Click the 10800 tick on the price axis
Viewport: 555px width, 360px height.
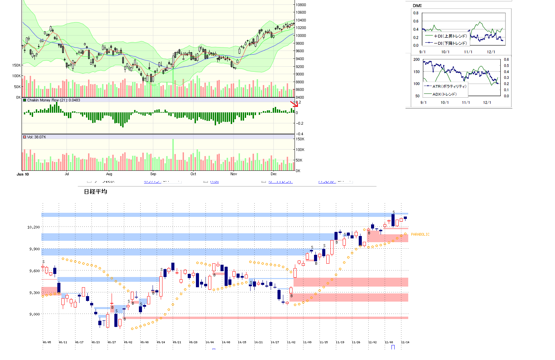tap(301, 5)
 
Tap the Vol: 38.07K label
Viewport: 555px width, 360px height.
tap(36, 137)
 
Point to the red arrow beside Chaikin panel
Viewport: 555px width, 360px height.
tap(294, 104)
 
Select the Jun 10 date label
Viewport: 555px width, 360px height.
tap(23, 174)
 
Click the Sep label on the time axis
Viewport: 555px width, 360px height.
tap(153, 174)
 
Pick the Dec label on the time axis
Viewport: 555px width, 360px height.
tap(274, 174)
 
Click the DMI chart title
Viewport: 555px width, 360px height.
tap(417, 5)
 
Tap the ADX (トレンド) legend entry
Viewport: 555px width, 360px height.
tap(444, 94)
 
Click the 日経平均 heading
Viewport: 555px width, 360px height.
tap(96, 192)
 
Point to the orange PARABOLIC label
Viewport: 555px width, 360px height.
tap(420, 234)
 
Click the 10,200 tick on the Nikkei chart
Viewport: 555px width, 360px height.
tap(33, 227)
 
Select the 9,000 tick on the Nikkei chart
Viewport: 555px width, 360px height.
tap(34, 314)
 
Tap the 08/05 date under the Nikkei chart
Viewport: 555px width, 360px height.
tap(47, 342)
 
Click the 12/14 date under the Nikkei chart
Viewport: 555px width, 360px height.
tap(405, 342)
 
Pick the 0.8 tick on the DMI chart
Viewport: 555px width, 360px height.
tap(416, 13)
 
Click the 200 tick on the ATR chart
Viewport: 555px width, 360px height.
tap(416, 59)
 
